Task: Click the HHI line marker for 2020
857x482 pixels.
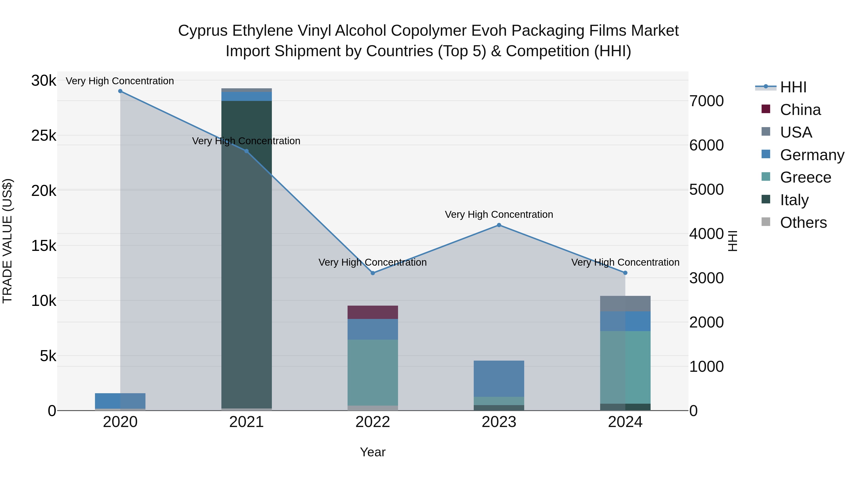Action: point(120,91)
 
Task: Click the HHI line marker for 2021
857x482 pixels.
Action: point(247,151)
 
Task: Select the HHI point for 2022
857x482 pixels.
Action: point(373,273)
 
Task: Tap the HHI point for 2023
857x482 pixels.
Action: point(499,225)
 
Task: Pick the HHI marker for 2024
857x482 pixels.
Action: point(625,273)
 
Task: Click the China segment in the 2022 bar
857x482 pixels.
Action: point(373,312)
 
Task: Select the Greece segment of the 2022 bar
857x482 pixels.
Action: point(373,373)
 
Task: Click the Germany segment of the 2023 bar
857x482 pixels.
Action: point(499,378)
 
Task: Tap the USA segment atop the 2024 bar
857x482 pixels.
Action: point(625,303)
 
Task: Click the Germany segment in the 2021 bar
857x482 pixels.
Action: point(247,96)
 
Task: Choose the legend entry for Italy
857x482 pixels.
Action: point(794,200)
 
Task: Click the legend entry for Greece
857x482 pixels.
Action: point(805,177)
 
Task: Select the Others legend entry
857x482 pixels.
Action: point(803,223)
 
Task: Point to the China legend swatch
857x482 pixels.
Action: point(766,109)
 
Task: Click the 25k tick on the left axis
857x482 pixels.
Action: point(44,135)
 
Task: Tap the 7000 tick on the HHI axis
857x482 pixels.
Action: point(706,101)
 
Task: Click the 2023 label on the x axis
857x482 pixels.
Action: point(499,422)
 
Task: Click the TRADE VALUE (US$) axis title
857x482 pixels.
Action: point(8,241)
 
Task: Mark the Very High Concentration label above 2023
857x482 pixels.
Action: point(499,214)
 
